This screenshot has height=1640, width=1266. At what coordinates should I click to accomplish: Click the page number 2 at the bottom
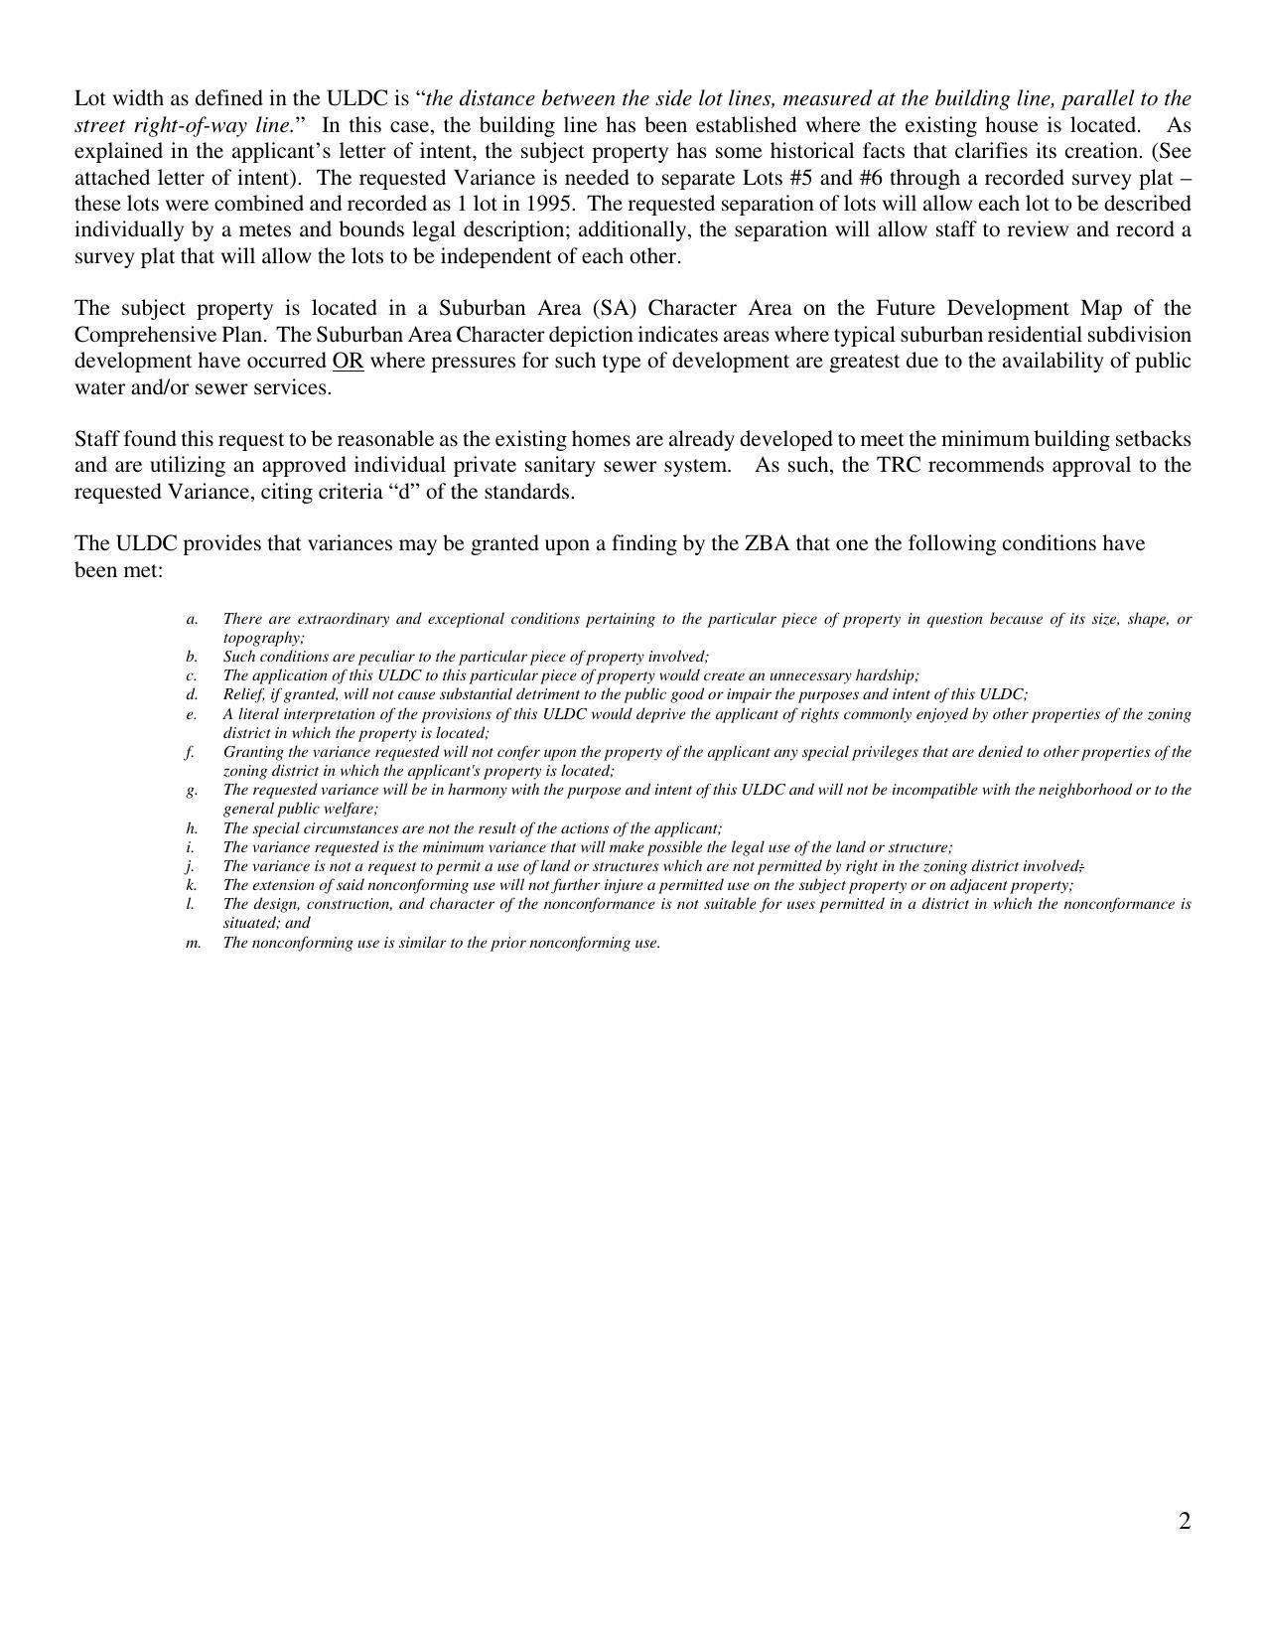click(1184, 1522)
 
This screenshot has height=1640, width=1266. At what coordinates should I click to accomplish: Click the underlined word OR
click(348, 361)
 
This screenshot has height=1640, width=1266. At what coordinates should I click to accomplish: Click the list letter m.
click(193, 943)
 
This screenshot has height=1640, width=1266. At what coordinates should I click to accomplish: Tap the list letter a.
click(191, 619)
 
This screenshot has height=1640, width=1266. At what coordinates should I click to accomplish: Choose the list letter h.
click(191, 828)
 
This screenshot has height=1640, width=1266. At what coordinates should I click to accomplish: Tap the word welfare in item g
click(351, 809)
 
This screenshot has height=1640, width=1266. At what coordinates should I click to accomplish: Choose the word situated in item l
click(250, 923)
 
